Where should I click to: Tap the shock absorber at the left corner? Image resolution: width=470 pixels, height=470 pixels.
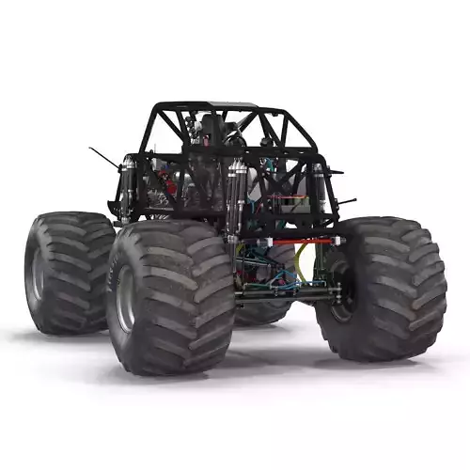(x=127, y=188)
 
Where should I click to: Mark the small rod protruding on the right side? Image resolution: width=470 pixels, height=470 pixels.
(x=346, y=200)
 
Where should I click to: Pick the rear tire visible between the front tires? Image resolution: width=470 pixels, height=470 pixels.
(x=263, y=310)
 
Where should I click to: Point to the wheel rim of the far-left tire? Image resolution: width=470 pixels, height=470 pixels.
(x=38, y=273)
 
